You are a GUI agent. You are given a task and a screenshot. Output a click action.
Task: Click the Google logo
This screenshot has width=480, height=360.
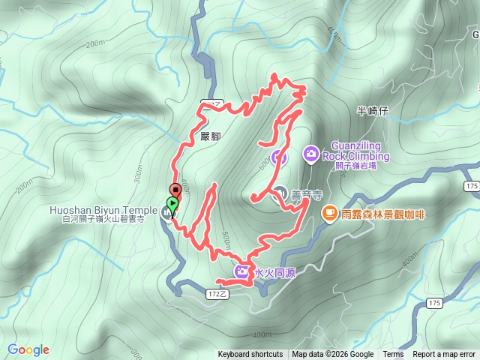coord(28,349)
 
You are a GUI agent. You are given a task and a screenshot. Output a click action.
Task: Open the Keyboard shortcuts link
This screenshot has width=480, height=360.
coord(250,355)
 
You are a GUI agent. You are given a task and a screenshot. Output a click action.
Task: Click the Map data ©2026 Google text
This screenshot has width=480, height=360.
coord(333,355)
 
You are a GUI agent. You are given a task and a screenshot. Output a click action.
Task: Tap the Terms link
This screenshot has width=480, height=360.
coord(393,355)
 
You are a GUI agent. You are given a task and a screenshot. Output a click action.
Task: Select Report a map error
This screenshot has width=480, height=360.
coord(444,355)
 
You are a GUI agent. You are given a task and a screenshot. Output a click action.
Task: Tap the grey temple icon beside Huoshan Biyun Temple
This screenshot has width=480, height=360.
coord(166,212)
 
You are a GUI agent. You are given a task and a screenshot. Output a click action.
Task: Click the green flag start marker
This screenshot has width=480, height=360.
coord(173,203)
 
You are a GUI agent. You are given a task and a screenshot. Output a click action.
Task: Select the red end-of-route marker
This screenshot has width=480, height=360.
coord(175,190)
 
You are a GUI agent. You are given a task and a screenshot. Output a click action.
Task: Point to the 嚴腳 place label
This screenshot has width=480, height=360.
coord(211,136)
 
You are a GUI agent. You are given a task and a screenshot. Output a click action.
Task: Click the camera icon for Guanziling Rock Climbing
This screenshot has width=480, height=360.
coord(310,154)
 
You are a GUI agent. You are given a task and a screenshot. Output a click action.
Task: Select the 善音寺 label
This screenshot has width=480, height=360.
coord(307,194)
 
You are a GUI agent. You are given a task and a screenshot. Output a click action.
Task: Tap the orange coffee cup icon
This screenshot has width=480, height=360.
coord(328,214)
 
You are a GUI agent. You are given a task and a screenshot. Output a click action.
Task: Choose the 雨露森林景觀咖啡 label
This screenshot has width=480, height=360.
coord(383,214)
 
